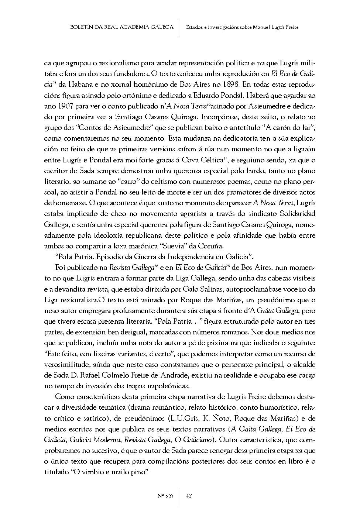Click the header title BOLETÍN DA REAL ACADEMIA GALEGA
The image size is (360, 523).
[x=122, y=27]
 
